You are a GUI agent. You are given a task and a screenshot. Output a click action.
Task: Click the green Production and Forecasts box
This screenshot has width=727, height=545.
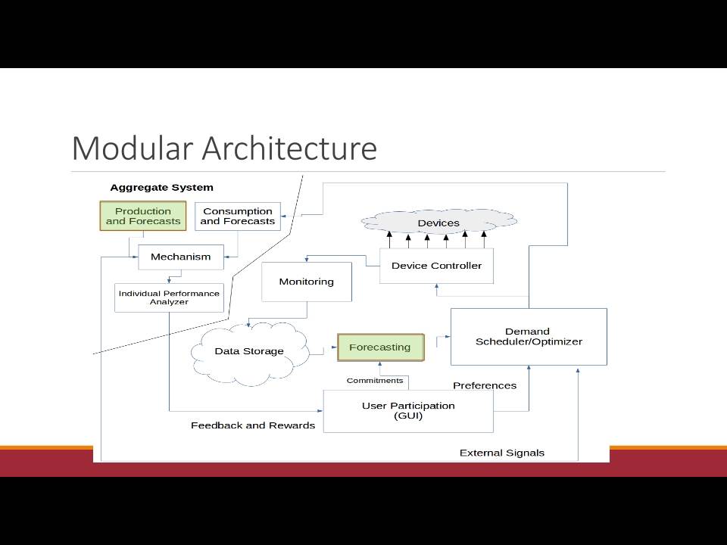click(x=143, y=216)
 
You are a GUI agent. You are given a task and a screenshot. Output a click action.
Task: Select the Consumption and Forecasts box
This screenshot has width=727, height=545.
click(x=237, y=216)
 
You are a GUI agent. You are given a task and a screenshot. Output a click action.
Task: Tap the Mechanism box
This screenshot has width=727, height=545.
click(x=181, y=257)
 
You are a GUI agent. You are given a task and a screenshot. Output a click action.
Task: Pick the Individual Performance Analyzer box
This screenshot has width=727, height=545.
click(x=169, y=297)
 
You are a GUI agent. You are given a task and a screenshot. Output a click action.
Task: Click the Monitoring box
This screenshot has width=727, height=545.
click(x=307, y=282)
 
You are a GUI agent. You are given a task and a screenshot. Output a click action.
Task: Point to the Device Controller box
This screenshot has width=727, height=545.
click(x=436, y=266)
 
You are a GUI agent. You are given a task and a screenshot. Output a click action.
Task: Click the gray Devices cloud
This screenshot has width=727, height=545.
click(x=438, y=222)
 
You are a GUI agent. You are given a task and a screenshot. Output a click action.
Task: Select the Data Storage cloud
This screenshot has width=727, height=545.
click(x=249, y=353)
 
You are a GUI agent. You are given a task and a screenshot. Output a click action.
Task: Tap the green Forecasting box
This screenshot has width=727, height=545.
click(x=381, y=347)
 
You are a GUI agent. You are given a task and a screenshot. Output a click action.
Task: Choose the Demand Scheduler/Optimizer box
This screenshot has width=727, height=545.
click(x=529, y=336)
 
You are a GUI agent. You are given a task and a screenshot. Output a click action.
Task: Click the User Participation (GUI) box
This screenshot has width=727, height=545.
click(x=408, y=411)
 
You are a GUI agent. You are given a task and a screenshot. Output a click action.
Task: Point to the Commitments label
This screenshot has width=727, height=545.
click(x=375, y=381)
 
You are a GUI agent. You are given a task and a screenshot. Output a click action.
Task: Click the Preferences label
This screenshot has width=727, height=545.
click(x=485, y=385)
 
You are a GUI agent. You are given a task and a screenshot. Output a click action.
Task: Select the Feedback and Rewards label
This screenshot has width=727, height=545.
click(x=253, y=425)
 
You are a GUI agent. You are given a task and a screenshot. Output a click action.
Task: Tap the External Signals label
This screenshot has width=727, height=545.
click(x=501, y=453)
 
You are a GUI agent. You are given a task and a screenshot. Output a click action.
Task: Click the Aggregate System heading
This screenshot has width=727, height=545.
click(x=162, y=188)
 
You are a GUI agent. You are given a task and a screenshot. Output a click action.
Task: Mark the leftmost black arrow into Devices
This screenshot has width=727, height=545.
click(x=389, y=239)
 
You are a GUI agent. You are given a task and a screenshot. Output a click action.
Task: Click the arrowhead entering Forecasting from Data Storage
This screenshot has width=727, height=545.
click(x=335, y=347)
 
